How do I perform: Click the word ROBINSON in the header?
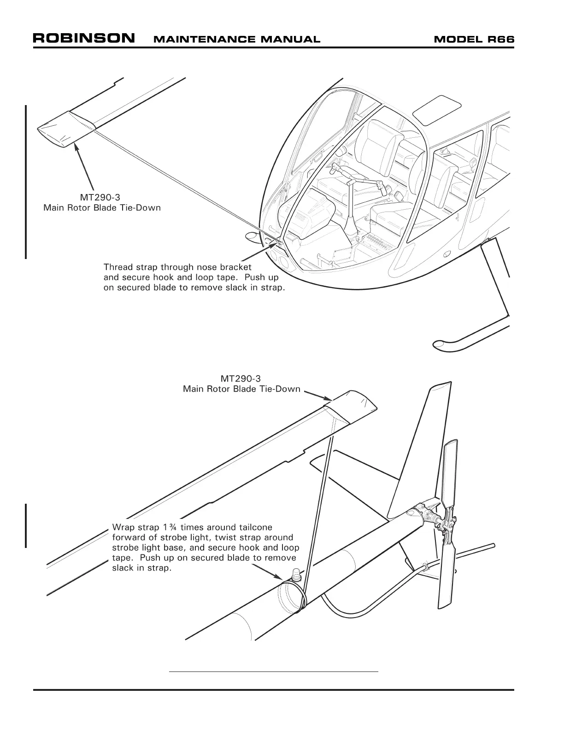click(84, 38)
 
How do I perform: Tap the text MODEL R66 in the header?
click(474, 39)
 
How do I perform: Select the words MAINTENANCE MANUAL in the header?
click(236, 40)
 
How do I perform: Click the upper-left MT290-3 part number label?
click(100, 198)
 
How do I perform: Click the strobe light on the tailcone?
click(295, 574)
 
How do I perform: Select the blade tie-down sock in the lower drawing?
click(350, 407)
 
